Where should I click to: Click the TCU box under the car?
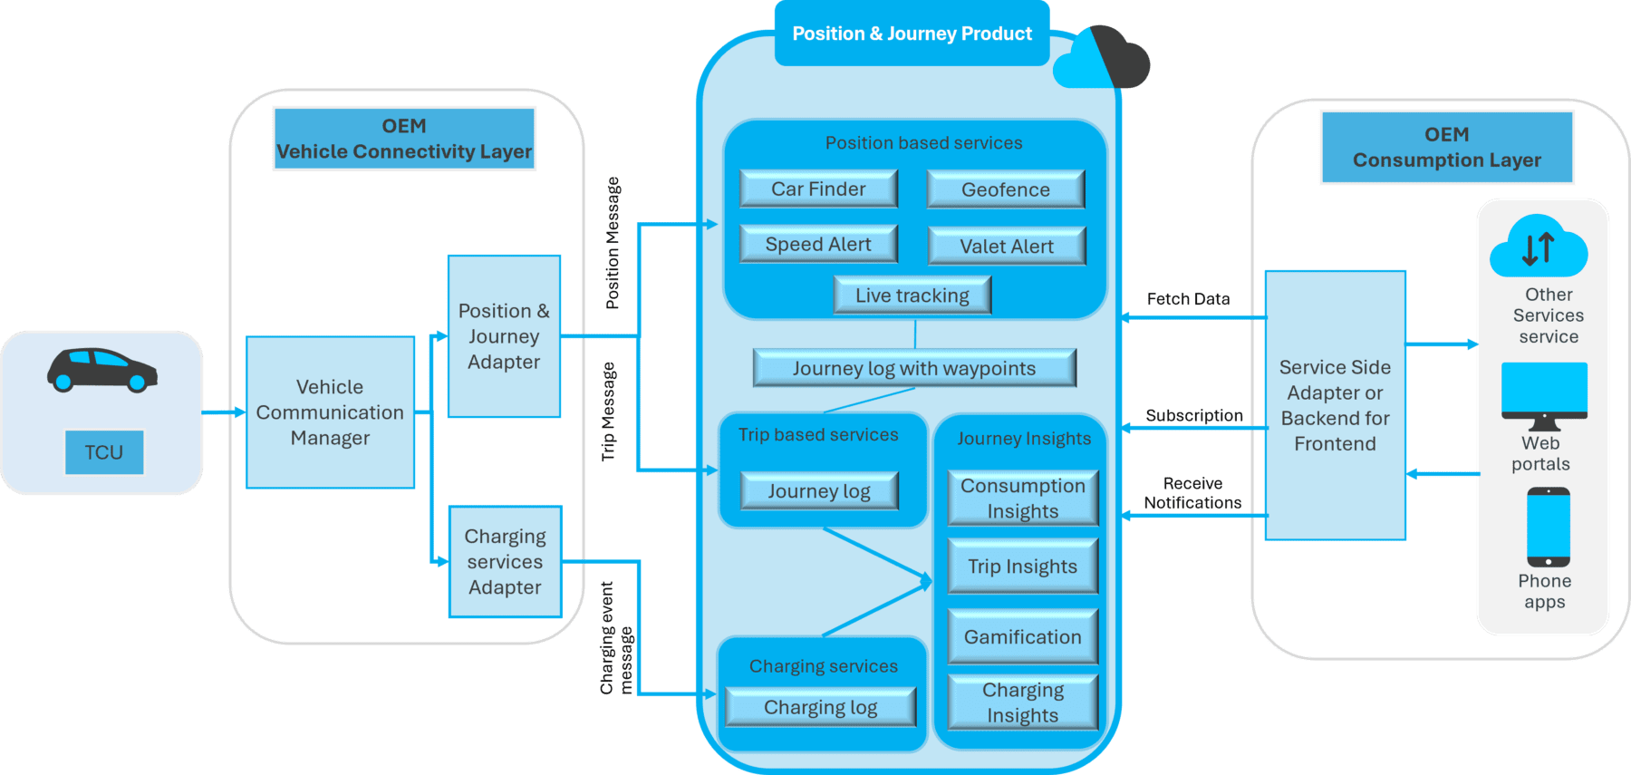104,452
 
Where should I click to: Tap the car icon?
101,370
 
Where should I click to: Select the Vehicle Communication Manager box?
330,412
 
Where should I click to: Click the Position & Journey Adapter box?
504,336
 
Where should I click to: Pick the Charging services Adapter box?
505,562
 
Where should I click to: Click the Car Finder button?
818,189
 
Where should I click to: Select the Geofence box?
1005,190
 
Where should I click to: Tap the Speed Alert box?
818,245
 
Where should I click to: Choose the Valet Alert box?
1006,247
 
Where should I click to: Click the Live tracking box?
912,295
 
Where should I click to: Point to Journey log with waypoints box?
913,368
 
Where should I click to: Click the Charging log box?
820,708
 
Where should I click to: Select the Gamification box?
1022,637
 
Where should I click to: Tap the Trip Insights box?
1022,567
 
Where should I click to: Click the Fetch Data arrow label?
1188,299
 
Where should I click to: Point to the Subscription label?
1193,415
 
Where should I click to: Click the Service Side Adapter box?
1335,405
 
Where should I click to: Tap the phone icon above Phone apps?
1548,527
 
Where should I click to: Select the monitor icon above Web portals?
1544,395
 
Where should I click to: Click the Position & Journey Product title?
912,34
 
